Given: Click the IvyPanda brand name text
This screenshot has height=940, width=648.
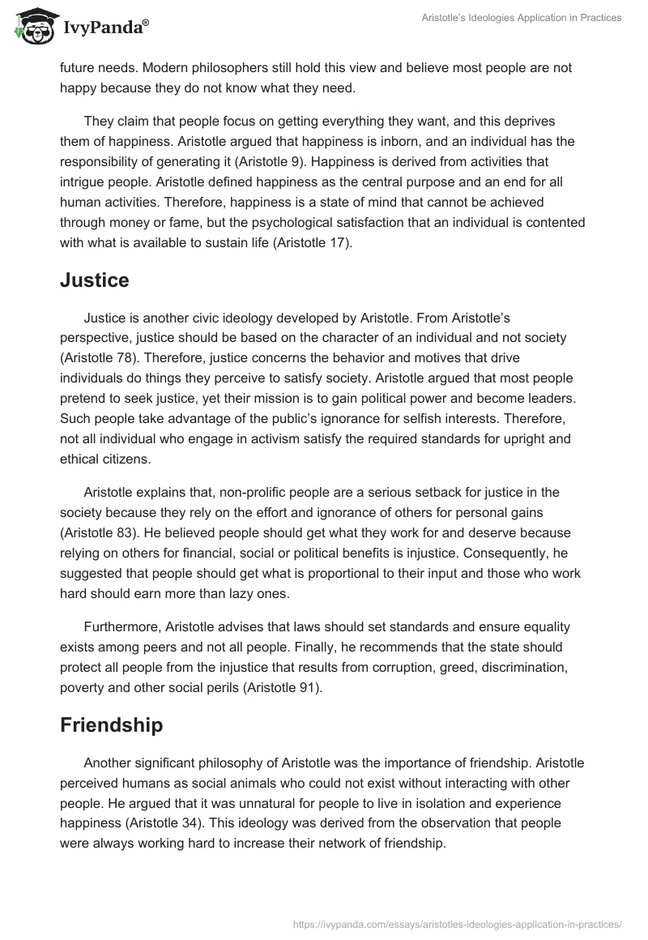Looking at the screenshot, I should (x=105, y=28).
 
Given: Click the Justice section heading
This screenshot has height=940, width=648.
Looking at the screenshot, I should (x=95, y=280).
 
